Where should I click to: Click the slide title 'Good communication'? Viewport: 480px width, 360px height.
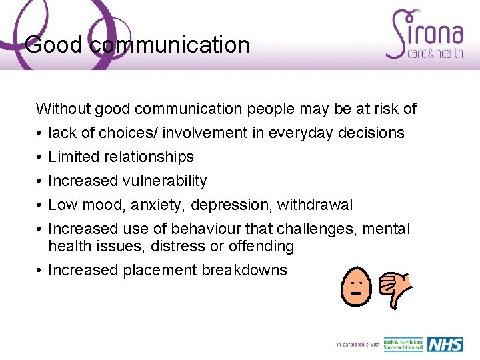pos(137,45)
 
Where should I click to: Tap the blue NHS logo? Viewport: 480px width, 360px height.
pos(445,345)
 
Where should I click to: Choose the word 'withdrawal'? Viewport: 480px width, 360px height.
pos(315,205)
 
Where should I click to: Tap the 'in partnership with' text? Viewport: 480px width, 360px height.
pos(358,345)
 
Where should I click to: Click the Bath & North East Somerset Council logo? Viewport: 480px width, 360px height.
pos(403,345)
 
